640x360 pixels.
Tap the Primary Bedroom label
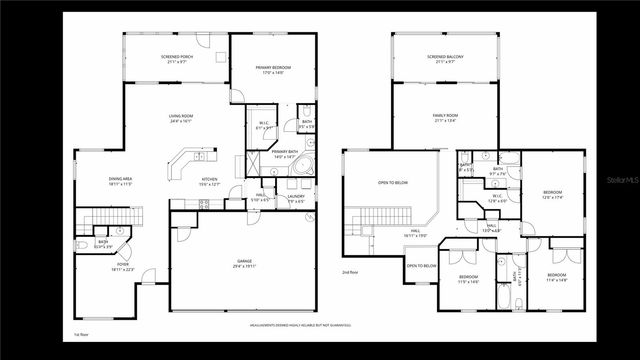coord(273,71)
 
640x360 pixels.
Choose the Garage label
coord(244,263)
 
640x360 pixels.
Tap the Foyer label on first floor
coord(123,267)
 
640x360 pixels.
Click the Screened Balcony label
coord(445,59)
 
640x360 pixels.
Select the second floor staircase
coord(374,219)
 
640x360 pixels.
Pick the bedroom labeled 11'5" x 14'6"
coord(469,278)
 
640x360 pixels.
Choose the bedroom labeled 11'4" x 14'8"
coord(557,277)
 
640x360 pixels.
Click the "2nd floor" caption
coord(351,272)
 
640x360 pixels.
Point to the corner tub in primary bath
coord(304,167)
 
